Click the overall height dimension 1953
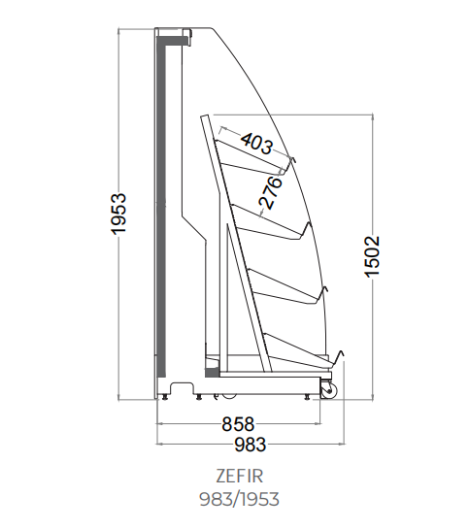118,214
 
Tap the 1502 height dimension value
373,257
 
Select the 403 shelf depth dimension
256,144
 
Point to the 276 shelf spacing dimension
270,192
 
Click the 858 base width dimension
238,424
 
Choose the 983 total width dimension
251,445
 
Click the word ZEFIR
239,477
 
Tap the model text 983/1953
239,499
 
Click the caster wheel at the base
328,390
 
